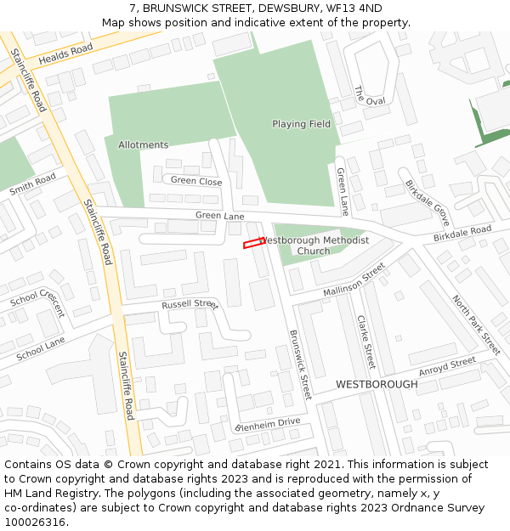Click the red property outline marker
(254, 244)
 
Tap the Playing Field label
(301, 124)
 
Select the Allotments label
(143, 145)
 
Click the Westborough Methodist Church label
(314, 246)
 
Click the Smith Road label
(32, 184)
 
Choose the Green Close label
(196, 181)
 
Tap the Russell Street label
(190, 304)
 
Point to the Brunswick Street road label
(301, 364)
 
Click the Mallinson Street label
(354, 281)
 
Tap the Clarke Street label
(365, 342)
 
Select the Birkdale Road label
(462, 232)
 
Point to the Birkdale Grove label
(427, 196)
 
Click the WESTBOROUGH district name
(377, 384)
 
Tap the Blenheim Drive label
(268, 422)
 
